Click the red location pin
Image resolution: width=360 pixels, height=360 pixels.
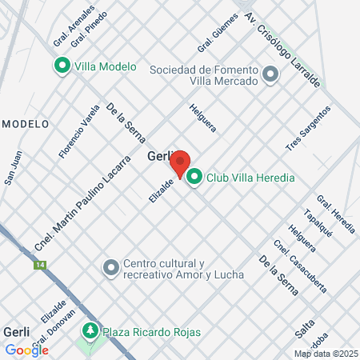tap(180, 162)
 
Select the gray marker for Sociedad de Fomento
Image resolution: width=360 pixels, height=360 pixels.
tap(270, 75)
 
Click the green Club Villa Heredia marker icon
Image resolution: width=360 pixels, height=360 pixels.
tap(194, 178)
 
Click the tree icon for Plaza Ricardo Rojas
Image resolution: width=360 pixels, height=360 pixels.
tap(90, 330)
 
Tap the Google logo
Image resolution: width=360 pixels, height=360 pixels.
tap(26, 350)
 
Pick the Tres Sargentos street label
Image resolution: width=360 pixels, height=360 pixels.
tap(308, 128)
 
